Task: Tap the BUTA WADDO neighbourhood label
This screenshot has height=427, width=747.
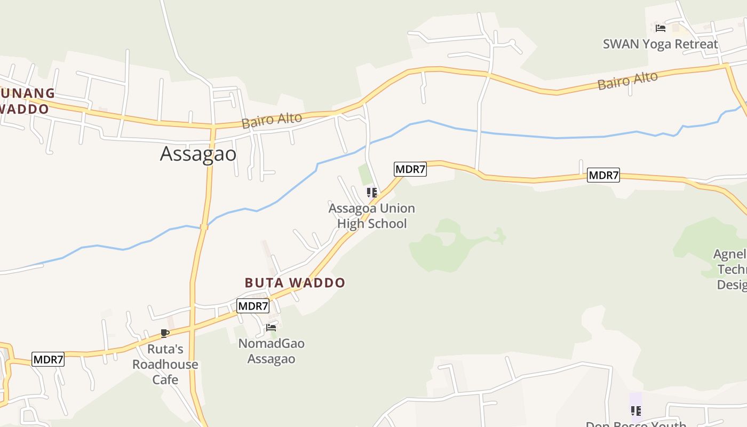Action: (295, 282)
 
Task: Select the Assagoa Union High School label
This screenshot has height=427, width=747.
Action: (371, 216)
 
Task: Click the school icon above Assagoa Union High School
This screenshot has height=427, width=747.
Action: (371, 192)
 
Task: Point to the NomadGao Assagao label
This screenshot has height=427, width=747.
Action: (271, 351)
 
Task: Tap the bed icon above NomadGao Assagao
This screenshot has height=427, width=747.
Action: (271, 327)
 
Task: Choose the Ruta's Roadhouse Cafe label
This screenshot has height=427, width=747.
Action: (165, 365)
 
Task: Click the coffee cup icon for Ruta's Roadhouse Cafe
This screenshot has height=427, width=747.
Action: (165, 334)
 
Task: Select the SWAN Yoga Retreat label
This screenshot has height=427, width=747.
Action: (660, 44)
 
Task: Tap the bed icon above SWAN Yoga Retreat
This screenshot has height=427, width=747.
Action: (660, 28)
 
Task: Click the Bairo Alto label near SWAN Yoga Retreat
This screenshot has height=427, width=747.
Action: (627, 81)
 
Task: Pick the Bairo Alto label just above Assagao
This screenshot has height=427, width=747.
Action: (272, 121)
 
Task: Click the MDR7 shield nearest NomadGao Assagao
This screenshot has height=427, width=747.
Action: (253, 306)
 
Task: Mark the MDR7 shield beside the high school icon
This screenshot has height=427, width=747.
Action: (410, 169)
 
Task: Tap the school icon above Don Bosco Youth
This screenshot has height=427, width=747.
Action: (635, 410)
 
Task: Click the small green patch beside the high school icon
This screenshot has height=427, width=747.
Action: (365, 175)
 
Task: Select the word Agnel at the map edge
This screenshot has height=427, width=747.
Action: (730, 254)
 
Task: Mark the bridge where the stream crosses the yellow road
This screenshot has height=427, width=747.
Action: (204, 227)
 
